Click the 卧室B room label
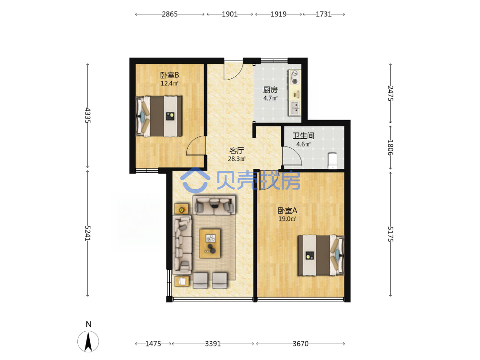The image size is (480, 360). click(x=169, y=75)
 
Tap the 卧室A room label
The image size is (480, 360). click(x=287, y=211)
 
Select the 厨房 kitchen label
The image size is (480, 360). click(x=271, y=90)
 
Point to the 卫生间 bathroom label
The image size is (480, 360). click(x=303, y=136)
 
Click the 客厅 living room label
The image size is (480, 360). click(x=237, y=151)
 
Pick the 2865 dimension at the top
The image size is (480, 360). click(x=169, y=14)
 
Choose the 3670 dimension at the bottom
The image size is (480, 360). click(x=300, y=344)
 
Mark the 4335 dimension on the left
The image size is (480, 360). click(x=88, y=115)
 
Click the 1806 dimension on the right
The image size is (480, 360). click(x=390, y=147)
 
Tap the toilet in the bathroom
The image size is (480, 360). click(x=332, y=161)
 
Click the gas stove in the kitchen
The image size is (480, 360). click(x=295, y=77)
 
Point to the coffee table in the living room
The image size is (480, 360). click(x=210, y=243)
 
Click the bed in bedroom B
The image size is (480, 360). click(x=159, y=116)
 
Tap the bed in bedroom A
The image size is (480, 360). click(x=321, y=255)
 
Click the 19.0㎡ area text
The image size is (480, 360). click(x=287, y=219)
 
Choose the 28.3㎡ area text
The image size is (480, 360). click(x=237, y=159)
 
